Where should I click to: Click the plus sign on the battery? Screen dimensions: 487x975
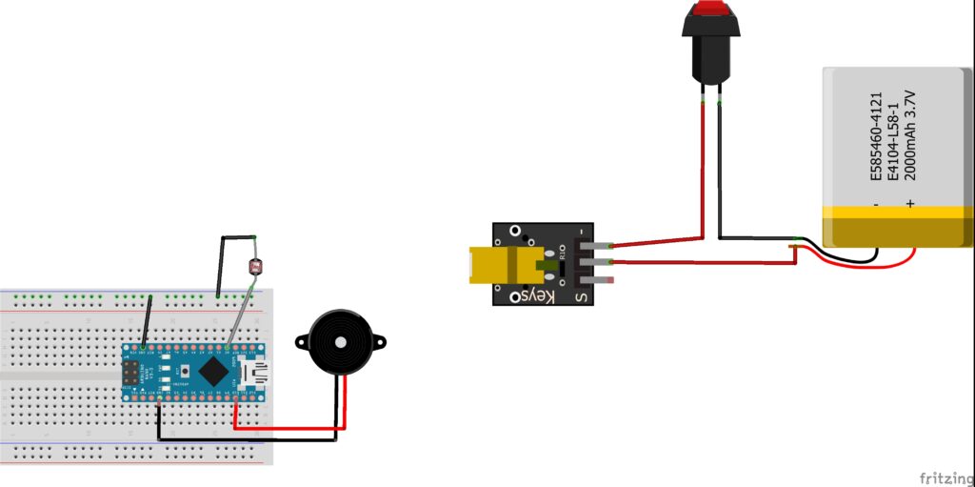pos(910,203)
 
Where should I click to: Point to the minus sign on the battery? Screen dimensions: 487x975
pos(876,203)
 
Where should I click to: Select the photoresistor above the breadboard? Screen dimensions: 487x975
pos(253,268)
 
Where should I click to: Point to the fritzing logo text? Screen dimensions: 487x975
pos(945,476)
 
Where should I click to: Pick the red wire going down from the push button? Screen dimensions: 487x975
pos(703,162)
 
